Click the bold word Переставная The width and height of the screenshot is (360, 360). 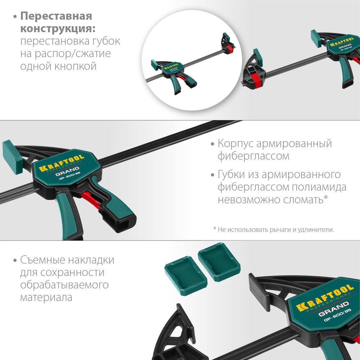click(56, 16)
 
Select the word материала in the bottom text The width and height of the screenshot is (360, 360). click(46, 298)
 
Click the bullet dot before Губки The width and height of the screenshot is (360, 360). click(213, 175)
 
